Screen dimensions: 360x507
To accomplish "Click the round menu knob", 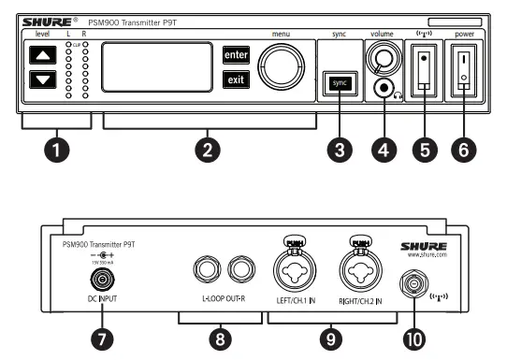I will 281,67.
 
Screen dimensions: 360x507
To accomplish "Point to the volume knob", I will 383,59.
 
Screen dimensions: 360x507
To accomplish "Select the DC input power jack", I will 96,281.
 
